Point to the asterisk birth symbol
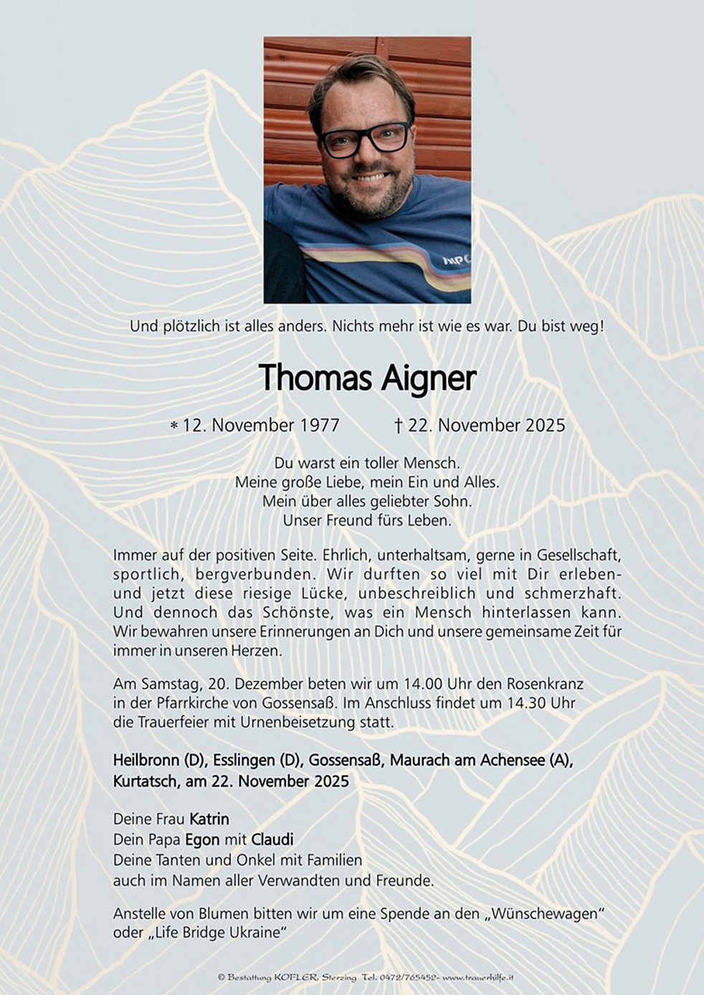pyautogui.click(x=173, y=427)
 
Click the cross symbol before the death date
pyautogui.click(x=398, y=425)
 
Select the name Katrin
pyautogui.click(x=209, y=819)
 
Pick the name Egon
pyautogui.click(x=202, y=839)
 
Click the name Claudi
pyautogui.click(x=272, y=839)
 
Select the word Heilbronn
pyautogui.click(x=146, y=761)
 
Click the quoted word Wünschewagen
pyautogui.click(x=544, y=914)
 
